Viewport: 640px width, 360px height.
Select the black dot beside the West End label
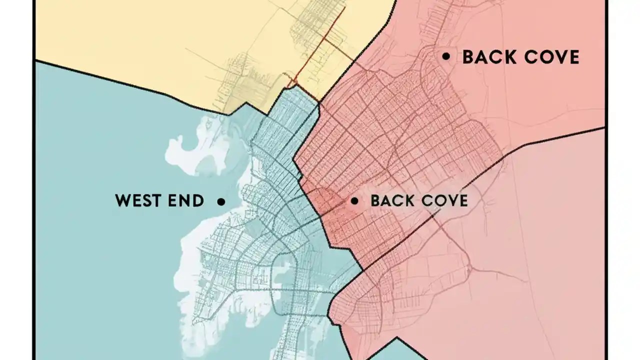(221, 201)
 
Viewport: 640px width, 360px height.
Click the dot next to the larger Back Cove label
(446, 56)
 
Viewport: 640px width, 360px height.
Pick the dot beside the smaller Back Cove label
(354, 201)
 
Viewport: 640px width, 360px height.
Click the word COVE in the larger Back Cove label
(550, 57)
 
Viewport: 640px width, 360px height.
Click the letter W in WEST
(123, 201)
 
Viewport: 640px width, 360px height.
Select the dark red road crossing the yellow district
(320, 45)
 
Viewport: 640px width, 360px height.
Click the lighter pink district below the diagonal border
(550, 250)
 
